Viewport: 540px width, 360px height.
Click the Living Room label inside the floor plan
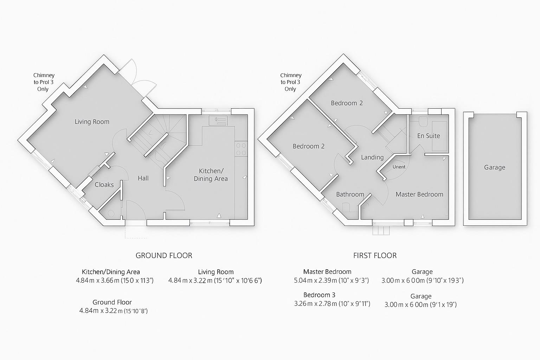92,122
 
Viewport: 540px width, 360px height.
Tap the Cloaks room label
104,185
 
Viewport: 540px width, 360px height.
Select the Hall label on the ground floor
143,178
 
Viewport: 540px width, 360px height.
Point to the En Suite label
429,136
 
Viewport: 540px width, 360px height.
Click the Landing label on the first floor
372,157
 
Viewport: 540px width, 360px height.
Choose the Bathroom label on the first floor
350,194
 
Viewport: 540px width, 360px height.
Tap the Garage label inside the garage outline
494,167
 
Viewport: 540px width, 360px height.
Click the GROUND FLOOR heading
164,256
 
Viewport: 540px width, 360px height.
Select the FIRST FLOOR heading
375,256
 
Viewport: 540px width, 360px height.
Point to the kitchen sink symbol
218,121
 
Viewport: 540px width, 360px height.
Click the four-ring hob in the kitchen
241,149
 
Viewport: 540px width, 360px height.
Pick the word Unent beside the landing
399,167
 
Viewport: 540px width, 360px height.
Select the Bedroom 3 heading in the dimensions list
322,295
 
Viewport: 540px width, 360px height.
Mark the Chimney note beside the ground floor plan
44,82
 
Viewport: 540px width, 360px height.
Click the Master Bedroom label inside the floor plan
419,194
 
